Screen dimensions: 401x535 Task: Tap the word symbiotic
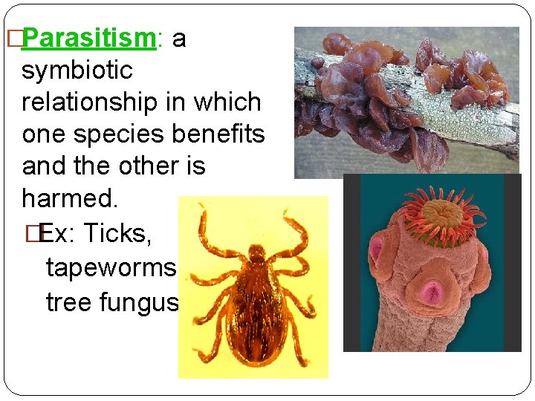[77, 71]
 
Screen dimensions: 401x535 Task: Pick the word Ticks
[117, 233]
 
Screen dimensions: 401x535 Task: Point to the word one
[43, 135]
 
